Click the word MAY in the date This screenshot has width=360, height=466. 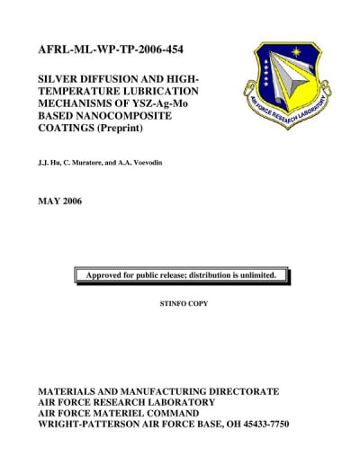49,200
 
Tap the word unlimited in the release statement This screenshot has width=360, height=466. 265,274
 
